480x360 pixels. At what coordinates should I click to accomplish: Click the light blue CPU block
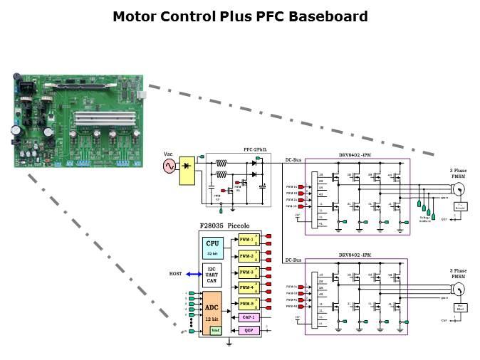point(212,246)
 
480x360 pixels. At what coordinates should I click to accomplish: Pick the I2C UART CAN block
point(212,274)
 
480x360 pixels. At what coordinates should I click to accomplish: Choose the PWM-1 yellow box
point(247,240)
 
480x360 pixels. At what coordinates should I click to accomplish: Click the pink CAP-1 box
point(248,317)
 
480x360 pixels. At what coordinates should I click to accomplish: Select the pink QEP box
point(248,330)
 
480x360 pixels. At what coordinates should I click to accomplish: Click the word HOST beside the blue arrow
point(175,274)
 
